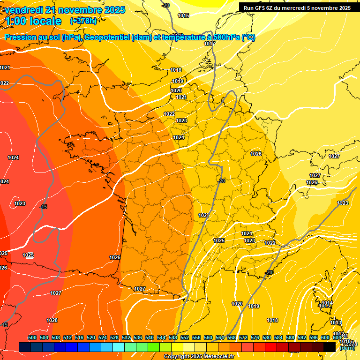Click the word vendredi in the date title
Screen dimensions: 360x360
coord(21,10)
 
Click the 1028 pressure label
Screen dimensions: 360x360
coord(52,320)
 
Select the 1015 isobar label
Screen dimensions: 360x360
coord(183,15)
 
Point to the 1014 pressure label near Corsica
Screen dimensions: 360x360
coord(327,303)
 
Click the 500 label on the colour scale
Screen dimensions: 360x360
coord(32,337)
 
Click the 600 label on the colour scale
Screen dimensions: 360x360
coord(325,337)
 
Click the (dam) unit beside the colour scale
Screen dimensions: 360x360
coord(347,348)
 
